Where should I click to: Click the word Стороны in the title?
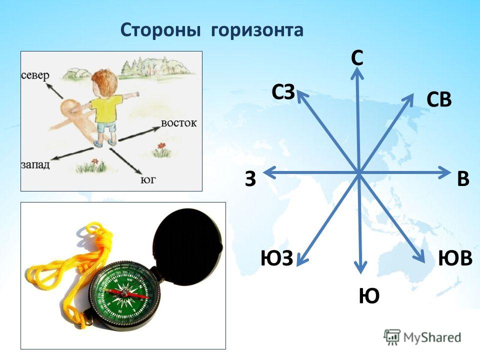point(160,29)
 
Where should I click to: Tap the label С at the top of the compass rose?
point(357,58)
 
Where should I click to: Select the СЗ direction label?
point(283,92)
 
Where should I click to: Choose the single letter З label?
point(250,178)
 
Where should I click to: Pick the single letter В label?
point(463,178)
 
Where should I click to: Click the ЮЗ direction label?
point(276,258)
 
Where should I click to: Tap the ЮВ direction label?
point(455,258)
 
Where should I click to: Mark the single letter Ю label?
point(369,295)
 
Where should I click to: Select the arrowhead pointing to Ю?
point(361,267)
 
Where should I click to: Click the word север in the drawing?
point(35,75)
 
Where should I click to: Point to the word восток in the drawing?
point(179,123)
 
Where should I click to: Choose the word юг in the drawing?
point(148,179)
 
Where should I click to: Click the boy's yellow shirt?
point(105,108)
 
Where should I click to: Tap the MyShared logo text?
point(432,337)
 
